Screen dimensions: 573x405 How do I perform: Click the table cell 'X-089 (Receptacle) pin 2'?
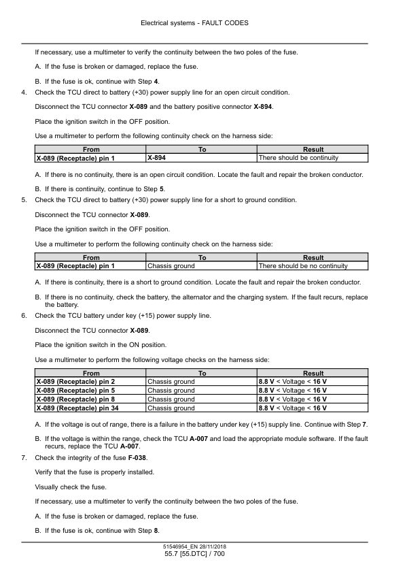75,382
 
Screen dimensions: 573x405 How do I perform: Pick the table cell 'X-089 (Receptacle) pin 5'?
75,391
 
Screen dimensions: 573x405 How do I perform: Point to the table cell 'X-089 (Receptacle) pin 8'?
75,399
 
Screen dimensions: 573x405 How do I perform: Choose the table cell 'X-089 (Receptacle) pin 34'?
77,408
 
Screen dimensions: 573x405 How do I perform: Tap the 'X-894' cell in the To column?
157,158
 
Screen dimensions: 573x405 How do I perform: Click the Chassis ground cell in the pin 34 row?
171,408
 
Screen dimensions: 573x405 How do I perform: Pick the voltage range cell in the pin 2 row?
292,382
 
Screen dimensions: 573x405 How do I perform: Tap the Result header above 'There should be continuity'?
313,150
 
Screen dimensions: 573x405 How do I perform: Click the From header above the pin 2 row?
90,374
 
